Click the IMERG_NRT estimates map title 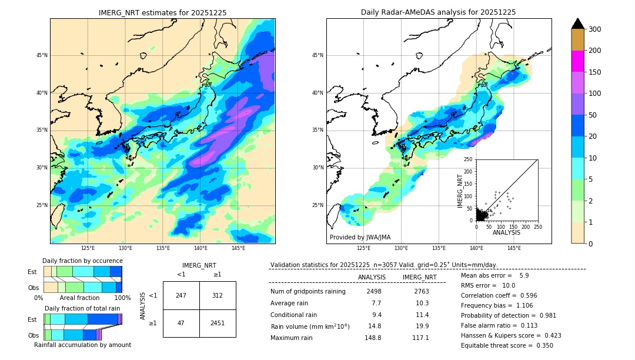[x=162, y=12]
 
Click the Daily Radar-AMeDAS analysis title [x=439, y=12]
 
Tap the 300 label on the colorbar [x=595, y=29]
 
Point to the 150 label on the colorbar [x=595, y=72]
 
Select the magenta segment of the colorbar [x=578, y=61]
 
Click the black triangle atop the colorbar [x=578, y=24]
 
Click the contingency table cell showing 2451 [x=218, y=323]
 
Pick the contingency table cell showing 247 [x=181, y=295]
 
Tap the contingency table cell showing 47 [x=181, y=323]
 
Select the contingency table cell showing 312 [x=218, y=295]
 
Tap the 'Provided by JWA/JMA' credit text [x=360, y=238]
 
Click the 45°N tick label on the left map [x=42, y=55]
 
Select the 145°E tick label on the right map [x=514, y=248]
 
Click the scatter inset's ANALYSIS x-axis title [x=506, y=232]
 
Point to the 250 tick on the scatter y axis [x=469, y=159]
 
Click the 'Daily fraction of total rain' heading [x=82, y=308]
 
